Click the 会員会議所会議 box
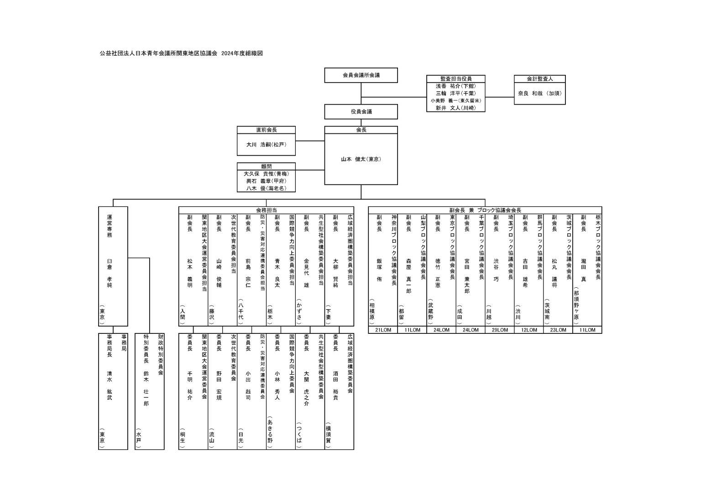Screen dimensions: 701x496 pyautogui.click(x=361, y=75)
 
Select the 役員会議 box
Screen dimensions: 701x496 pyautogui.click(x=361, y=112)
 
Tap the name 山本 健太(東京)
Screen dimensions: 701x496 pyautogui.click(x=361, y=159)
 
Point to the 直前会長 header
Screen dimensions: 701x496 pyautogui.click(x=267, y=130)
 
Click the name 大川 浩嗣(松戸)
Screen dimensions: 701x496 pyautogui.click(x=267, y=145)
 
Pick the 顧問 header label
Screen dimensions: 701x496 pyautogui.click(x=267, y=166)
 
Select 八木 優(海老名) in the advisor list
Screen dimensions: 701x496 pyautogui.click(x=267, y=189)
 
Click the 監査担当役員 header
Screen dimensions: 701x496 pyautogui.click(x=455, y=79)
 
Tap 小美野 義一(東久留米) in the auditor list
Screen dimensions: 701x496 pyautogui.click(x=455, y=101)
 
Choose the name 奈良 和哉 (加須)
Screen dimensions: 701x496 pyautogui.click(x=539, y=93)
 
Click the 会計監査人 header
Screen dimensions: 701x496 pyautogui.click(x=539, y=79)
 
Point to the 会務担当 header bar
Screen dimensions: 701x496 pyautogui.click(x=267, y=211)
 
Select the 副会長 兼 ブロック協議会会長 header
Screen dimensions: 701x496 pyautogui.click(x=485, y=211)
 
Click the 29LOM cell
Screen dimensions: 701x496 pyautogui.click(x=500, y=330)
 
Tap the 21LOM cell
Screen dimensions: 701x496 pyautogui.click(x=383, y=330)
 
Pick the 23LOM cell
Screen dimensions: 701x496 pyautogui.click(x=558, y=330)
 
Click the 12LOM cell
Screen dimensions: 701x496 pyautogui.click(x=529, y=330)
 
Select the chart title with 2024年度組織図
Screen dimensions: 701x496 pyautogui.click(x=181, y=53)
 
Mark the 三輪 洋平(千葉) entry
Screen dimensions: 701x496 pyautogui.click(x=455, y=93)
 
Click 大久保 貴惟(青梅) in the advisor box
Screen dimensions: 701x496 pyautogui.click(x=267, y=174)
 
